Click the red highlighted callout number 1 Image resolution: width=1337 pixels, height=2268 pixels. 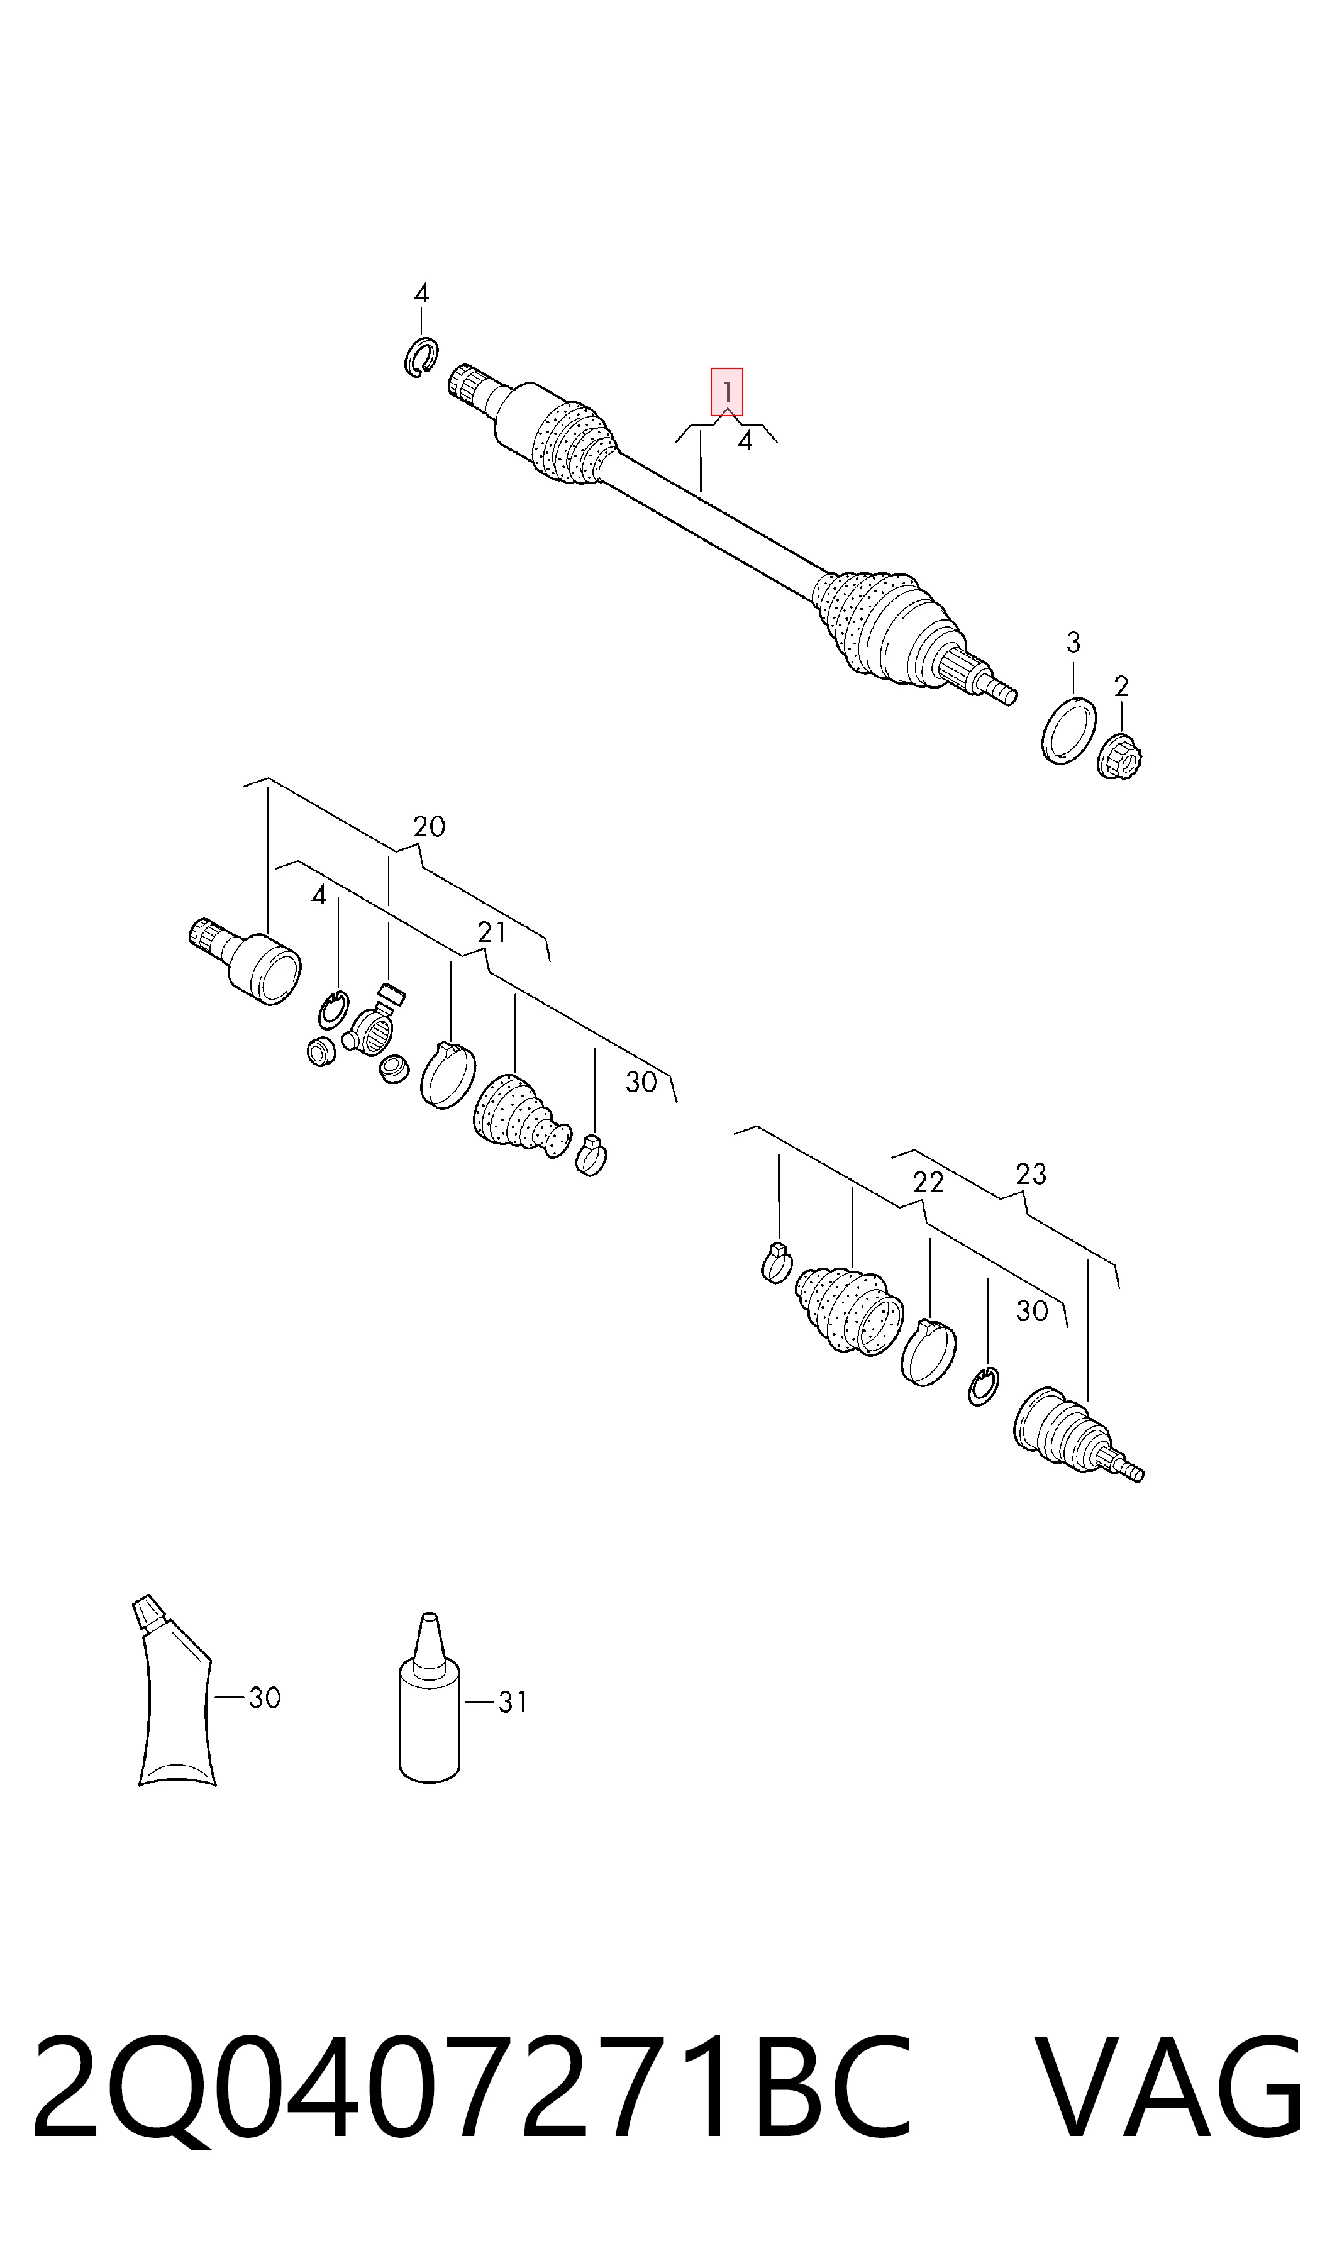click(727, 392)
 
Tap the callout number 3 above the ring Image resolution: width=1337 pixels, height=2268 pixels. click(1073, 642)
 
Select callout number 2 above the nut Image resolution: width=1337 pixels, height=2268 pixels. click(1121, 687)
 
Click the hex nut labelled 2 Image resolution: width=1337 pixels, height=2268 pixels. click(1121, 755)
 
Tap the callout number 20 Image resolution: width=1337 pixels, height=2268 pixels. click(429, 827)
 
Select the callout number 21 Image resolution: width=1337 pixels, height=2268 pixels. click(491, 932)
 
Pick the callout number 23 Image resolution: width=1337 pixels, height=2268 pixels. click(1031, 1174)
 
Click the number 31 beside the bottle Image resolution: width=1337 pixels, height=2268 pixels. click(513, 1701)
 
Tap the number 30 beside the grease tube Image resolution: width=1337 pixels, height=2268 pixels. click(265, 1697)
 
